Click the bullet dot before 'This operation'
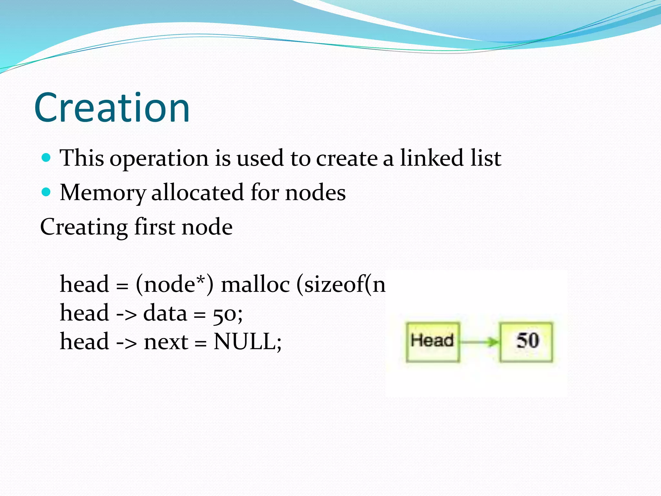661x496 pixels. [46, 158]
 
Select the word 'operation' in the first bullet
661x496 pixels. [159, 159]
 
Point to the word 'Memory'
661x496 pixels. [103, 193]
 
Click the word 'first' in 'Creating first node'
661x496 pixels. [155, 227]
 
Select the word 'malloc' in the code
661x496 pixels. [255, 285]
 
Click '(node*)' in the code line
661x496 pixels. [174, 285]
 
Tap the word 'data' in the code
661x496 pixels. [165, 313]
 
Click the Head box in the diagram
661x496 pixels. [432, 342]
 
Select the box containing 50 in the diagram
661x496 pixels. [526, 342]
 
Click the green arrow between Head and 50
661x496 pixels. [479, 342]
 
